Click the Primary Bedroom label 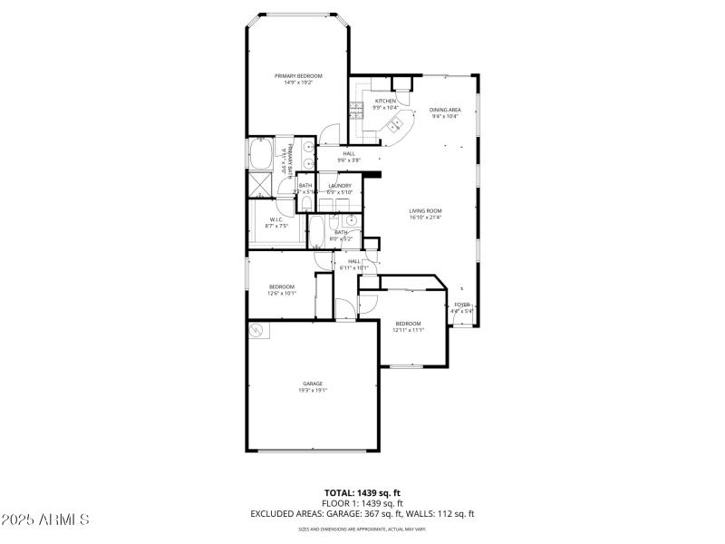(298, 75)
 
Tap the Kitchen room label (385, 101)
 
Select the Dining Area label (445, 110)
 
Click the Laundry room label (340, 186)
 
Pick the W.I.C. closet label (276, 219)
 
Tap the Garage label (313, 384)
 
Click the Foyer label (462, 305)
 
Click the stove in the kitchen (357, 110)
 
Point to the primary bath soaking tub (258, 154)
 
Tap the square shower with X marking (262, 184)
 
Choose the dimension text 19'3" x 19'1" (313, 391)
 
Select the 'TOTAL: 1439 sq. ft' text (362, 492)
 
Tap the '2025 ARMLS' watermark (45, 520)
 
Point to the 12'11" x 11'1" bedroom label (408, 331)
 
